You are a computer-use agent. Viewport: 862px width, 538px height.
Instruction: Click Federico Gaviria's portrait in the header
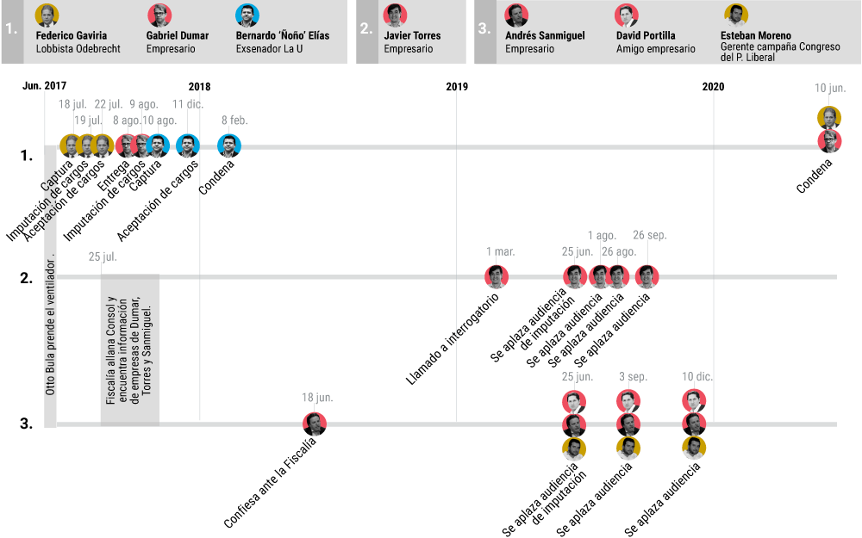pyautogui.click(x=47, y=15)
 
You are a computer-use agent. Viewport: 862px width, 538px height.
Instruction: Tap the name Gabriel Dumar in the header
pyautogui.click(x=172, y=36)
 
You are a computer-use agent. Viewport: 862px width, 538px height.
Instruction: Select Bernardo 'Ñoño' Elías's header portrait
pyautogui.click(x=247, y=15)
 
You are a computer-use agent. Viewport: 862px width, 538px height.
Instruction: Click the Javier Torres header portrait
pyautogui.click(x=395, y=15)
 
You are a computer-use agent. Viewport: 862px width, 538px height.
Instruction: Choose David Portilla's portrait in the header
pyautogui.click(x=627, y=15)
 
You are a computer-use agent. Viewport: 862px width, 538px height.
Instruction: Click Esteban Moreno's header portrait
pyautogui.click(x=735, y=15)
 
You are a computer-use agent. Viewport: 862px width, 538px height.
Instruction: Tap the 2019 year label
pyautogui.click(x=457, y=86)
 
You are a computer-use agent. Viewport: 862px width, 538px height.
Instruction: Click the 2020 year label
pyautogui.click(x=713, y=86)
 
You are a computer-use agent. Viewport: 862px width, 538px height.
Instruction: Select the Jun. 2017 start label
pyautogui.click(x=44, y=86)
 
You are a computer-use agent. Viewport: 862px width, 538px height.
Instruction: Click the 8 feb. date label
pyautogui.click(x=234, y=121)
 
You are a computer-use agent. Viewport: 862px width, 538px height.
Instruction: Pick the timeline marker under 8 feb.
pyautogui.click(x=229, y=145)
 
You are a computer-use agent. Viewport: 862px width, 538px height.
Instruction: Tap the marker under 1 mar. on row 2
pyautogui.click(x=497, y=276)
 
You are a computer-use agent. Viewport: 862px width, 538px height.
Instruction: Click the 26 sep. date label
pyautogui.click(x=650, y=235)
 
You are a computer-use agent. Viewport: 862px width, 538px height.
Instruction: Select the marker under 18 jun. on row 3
pyautogui.click(x=315, y=424)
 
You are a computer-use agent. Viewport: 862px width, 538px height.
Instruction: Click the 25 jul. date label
pyautogui.click(x=103, y=257)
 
